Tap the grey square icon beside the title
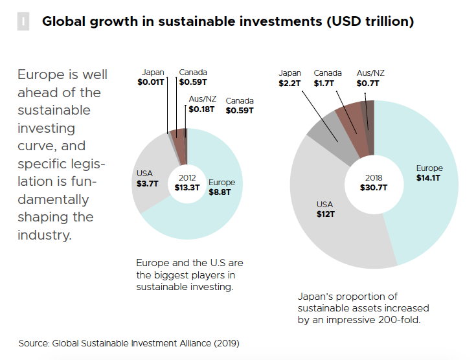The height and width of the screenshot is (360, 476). click(23, 21)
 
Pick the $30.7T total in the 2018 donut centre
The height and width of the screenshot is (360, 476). click(374, 188)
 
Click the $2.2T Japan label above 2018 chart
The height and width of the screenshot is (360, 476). click(290, 84)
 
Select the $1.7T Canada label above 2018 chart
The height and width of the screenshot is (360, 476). click(328, 84)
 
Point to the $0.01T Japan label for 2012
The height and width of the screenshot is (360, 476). click(151, 83)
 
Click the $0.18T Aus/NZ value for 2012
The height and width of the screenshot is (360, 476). click(201, 109)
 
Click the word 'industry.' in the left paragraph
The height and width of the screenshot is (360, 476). click(44, 234)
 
